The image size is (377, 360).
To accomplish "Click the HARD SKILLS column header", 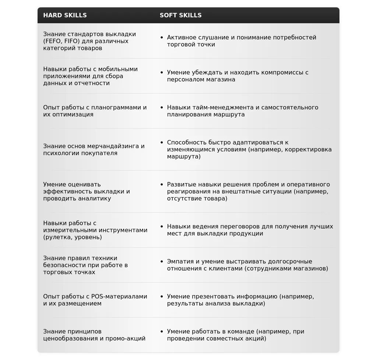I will coord(65,15).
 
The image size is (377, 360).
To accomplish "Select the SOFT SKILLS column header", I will coord(180,15).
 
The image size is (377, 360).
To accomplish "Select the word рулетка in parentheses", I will coord(59,237).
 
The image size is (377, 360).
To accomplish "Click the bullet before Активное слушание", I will coord(162,38).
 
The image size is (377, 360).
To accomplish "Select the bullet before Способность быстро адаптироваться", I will coord(162,143).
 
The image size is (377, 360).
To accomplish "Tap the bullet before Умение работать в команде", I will coord(162,332).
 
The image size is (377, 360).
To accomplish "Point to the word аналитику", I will coord(94,199).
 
